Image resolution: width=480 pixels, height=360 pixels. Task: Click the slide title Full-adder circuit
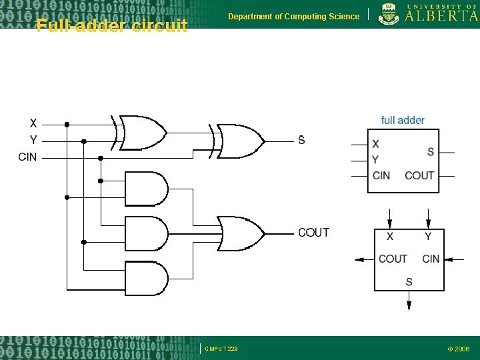pos(112,26)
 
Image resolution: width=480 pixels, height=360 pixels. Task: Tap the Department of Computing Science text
pos(293,16)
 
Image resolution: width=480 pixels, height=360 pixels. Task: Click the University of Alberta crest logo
pos(387,14)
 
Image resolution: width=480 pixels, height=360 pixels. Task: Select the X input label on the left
pos(33,123)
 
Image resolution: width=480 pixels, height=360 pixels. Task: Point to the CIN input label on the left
pos(28,157)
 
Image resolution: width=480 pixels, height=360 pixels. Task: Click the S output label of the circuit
pos(301,140)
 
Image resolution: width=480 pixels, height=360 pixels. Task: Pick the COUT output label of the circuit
pos(313,233)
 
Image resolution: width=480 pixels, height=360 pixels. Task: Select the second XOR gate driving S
pos(239,141)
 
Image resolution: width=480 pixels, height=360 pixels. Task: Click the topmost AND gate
pos(147,189)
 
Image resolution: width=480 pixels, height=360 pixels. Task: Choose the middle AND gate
pos(147,233)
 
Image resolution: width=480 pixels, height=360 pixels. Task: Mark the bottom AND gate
pos(147,278)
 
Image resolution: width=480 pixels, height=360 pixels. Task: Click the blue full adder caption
pos(403,120)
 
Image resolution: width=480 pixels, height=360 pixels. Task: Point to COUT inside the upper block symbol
pos(419,175)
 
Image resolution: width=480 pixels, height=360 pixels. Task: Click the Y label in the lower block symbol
pos(427,237)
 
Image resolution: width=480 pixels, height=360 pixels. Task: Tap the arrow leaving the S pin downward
pos(409,303)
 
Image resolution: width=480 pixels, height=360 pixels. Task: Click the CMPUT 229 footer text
pos(221,348)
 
